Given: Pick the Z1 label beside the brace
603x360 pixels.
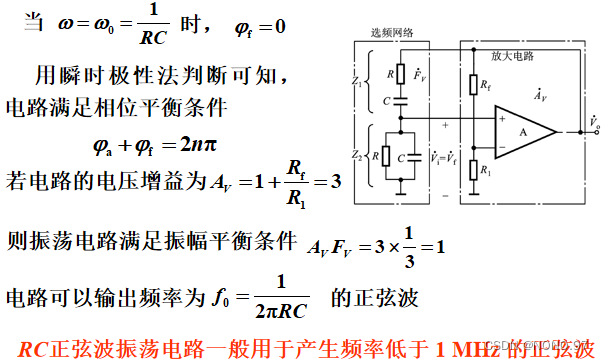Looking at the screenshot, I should pos(360,84).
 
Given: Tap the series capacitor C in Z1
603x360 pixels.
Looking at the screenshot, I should pos(399,102).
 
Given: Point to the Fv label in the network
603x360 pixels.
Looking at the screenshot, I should pos(419,74).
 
